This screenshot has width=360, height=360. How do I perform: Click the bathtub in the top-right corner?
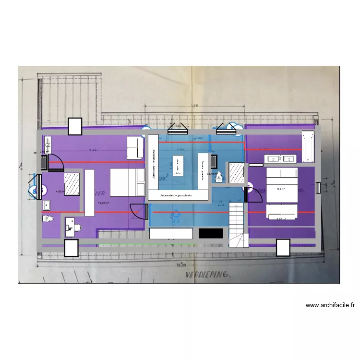pyautogui.click(x=307, y=146)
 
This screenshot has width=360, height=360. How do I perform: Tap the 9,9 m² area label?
pyautogui.click(x=281, y=189)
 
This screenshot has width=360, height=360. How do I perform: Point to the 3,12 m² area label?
pyautogui.click(x=281, y=219)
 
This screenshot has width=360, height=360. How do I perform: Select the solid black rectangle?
pyautogui.click(x=210, y=233)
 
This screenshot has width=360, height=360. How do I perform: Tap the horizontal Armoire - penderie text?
pyautogui.click(x=178, y=195)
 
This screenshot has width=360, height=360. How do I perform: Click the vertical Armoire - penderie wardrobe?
pyautogui.click(x=153, y=163)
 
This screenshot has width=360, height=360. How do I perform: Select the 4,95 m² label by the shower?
pyautogui.click(x=60, y=192)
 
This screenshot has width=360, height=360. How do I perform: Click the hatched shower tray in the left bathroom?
pyautogui.click(x=72, y=184)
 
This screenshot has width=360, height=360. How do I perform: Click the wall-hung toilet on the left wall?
pyautogui.click(x=47, y=218)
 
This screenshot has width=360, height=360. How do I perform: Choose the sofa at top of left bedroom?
pyautogui.click(x=135, y=147)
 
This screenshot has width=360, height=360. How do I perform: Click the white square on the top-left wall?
pyautogui.click(x=75, y=126)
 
